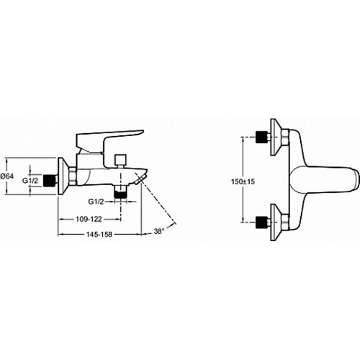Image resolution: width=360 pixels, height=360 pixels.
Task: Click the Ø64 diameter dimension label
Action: tap(7, 176)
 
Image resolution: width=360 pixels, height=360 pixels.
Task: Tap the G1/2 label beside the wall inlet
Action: tap(30, 181)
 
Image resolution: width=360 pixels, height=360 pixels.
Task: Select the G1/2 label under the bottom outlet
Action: tap(96, 202)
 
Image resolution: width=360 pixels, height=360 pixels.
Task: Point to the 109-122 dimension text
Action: tap(89, 219)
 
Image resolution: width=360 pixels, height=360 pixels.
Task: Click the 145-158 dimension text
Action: tap(99, 235)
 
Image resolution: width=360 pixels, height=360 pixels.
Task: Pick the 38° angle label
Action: tap(159, 231)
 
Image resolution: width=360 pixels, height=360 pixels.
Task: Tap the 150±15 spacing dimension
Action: tap(243, 181)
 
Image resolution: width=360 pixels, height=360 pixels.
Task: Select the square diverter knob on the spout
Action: tap(121, 160)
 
